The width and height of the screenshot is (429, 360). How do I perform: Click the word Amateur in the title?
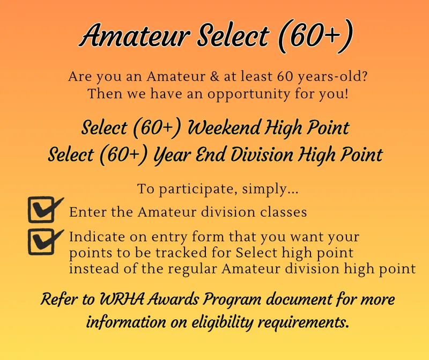(135, 35)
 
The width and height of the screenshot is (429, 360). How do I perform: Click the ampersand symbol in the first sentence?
(215, 76)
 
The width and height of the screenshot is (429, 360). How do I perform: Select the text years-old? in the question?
(332, 77)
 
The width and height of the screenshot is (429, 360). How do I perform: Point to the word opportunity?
(248, 95)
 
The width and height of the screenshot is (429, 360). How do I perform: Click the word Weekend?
(224, 128)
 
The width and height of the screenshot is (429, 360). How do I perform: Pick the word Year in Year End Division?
(172, 155)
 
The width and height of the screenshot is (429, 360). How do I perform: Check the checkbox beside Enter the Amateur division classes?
(44, 209)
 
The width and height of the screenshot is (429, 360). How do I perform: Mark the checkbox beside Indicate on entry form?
(44, 241)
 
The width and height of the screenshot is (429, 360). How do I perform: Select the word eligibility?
(222, 322)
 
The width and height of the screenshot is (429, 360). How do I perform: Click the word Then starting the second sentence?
(105, 94)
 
